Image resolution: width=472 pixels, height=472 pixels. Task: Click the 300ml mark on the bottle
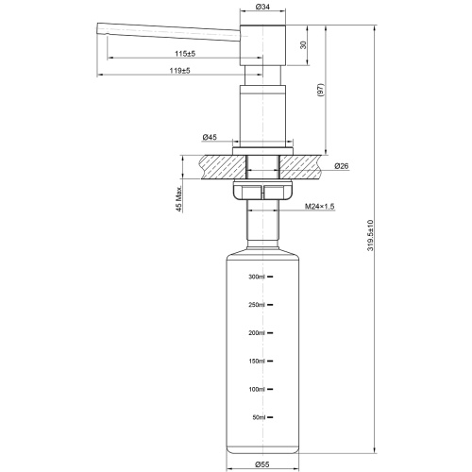pos(258,278)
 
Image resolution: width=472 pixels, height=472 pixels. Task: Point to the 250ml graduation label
pos(258,305)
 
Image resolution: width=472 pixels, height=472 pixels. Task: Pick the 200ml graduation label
pos(258,333)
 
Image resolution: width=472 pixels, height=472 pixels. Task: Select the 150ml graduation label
pos(258,362)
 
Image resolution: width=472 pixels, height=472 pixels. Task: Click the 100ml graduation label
pos(258,389)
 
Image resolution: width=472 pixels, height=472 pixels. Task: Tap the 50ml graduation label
pos(260,417)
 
